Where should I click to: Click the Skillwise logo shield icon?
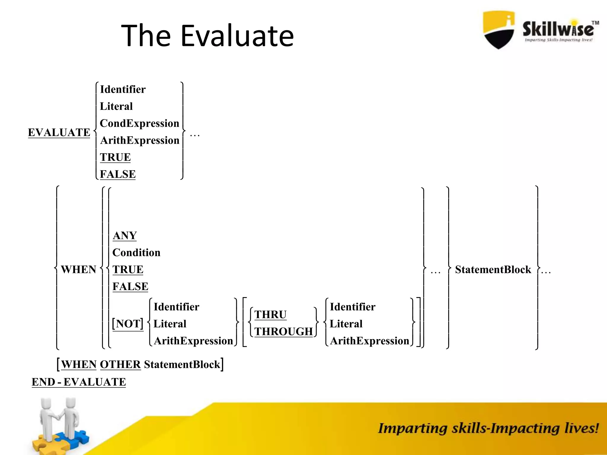tap(499, 30)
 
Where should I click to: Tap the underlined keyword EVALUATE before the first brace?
tap(59, 132)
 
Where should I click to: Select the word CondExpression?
tap(139, 123)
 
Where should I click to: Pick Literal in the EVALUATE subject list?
tap(116, 106)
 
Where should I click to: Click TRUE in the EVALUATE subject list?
tap(115, 157)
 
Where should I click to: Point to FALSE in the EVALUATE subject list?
tap(118, 174)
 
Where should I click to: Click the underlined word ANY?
tap(125, 235)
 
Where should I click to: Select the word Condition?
tap(136, 252)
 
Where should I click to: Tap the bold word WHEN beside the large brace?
tap(79, 270)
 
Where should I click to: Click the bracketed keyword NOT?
tap(128, 323)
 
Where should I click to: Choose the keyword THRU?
tap(270, 315)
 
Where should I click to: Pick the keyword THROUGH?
tap(284, 331)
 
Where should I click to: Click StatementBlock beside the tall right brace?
tap(493, 270)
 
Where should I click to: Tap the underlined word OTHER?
tap(120, 364)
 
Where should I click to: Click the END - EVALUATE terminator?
tap(79, 382)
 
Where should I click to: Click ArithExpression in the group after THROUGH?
tap(369, 341)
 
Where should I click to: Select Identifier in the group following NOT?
tap(176, 307)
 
